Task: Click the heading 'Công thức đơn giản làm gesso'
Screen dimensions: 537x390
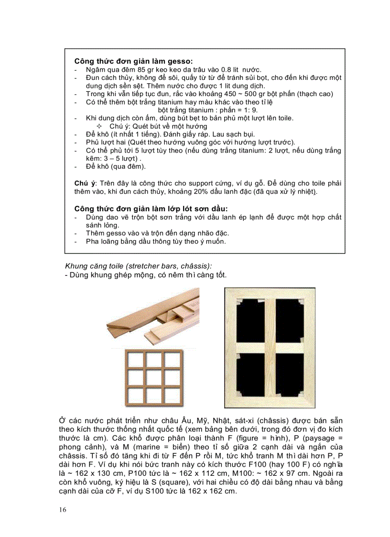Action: pyautogui.click(x=133, y=61)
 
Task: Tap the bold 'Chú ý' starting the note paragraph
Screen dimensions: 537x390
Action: pyautogui.click(x=85, y=184)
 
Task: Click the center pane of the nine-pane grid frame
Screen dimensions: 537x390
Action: pyautogui.click(x=153, y=378)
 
